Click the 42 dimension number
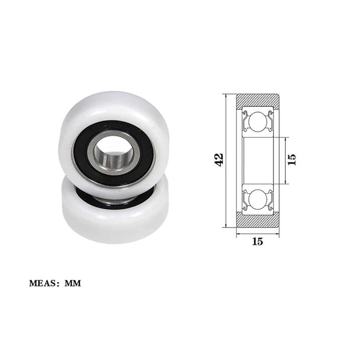[x=219, y=159]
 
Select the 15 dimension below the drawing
[x=257, y=241]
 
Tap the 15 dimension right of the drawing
[x=292, y=159]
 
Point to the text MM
[x=73, y=283]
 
